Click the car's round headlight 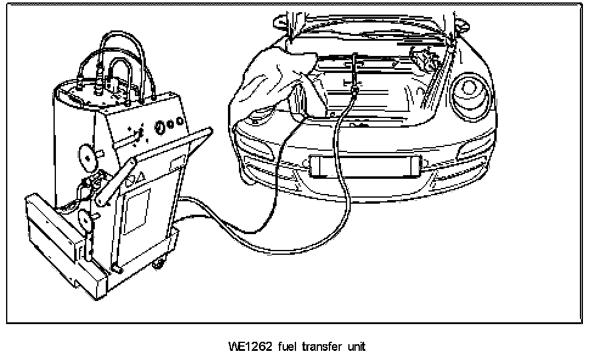(470, 88)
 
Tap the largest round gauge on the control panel (160, 126)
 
